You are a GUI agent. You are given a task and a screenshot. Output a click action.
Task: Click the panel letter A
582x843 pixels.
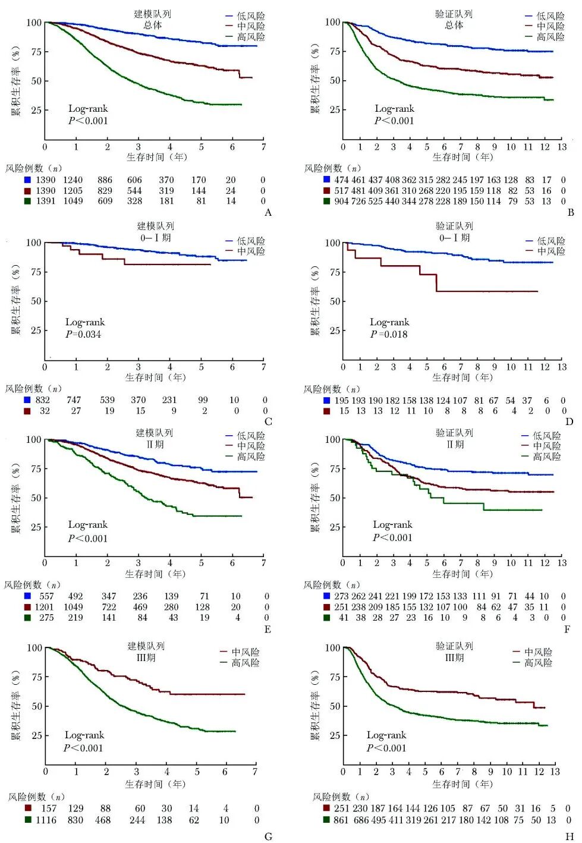268,213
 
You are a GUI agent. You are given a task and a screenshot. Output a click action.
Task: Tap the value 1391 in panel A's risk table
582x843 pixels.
46,201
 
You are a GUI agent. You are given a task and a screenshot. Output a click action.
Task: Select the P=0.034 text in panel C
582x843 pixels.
84,334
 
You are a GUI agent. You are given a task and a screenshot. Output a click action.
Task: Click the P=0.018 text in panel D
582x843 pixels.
389,334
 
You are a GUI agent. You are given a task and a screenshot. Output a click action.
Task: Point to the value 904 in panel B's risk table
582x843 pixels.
341,201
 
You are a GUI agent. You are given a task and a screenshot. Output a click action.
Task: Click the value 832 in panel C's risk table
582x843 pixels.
43,400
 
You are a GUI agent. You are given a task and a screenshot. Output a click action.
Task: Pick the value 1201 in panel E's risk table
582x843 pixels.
44,607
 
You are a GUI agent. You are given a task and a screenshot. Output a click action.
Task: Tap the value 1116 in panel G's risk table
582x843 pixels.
46,820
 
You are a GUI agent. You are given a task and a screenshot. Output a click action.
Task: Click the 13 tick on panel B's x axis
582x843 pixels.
562,147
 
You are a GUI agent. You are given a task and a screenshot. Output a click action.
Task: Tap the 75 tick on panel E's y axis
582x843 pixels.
36,468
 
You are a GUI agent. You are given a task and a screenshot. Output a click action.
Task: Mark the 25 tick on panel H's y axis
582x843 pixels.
334,735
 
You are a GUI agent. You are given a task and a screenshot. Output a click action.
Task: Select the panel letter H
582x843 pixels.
570,836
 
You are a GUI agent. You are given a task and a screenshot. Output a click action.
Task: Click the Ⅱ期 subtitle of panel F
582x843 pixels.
454,445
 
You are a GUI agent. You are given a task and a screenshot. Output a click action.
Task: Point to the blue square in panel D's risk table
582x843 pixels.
326,401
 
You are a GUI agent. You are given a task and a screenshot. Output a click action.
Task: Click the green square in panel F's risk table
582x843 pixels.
326,618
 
